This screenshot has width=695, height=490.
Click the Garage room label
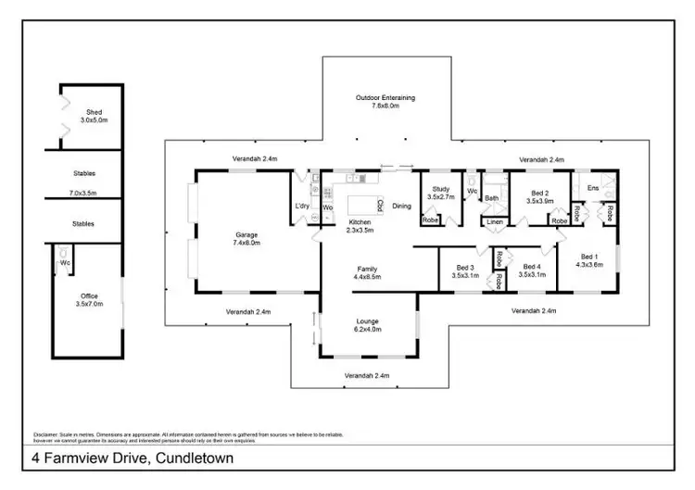[246, 235]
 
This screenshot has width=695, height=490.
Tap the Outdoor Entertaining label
[385, 97]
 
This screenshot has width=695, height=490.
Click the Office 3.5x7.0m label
[90, 296]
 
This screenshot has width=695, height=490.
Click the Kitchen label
[360, 222]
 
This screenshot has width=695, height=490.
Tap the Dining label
[401, 206]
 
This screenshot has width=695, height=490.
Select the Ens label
[592, 189]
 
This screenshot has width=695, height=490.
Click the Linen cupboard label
[495, 222]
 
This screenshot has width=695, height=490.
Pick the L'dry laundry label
[301, 206]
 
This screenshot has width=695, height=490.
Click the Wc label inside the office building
[66, 263]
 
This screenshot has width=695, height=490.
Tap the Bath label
[491, 197]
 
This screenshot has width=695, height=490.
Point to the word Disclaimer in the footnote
[45, 434]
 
